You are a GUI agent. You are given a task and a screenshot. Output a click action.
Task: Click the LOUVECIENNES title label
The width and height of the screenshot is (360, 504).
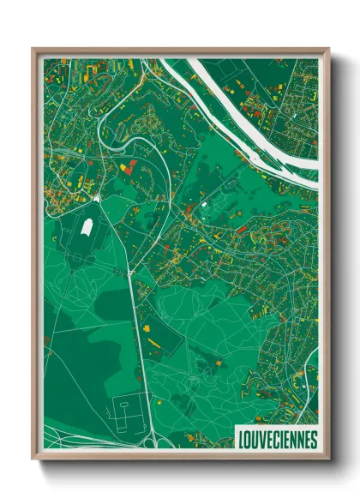click(275, 439)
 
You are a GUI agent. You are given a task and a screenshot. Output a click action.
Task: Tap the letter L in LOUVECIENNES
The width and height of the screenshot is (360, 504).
click(239, 439)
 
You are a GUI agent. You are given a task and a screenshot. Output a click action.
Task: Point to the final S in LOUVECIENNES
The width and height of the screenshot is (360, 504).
click(313, 439)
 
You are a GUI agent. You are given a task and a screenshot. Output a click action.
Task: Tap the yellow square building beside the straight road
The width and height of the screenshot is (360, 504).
click(145, 327)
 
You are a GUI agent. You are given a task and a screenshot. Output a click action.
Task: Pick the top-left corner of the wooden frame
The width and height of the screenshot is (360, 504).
click(33, 50)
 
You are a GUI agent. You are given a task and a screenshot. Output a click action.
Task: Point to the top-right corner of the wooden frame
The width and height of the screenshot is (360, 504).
click(327, 50)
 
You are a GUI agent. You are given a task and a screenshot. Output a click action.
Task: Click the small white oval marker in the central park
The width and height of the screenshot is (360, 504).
click(204, 205)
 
